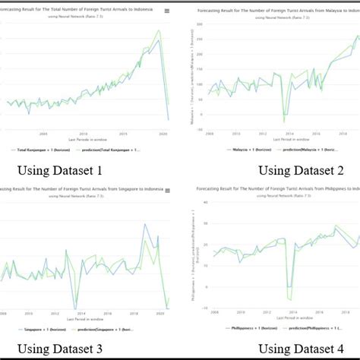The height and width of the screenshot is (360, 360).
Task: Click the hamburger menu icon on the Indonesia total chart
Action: coord(174,10)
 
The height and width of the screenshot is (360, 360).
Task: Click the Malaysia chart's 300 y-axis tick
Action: coord(200,25)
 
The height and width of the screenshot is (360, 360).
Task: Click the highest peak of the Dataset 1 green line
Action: coord(159,31)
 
